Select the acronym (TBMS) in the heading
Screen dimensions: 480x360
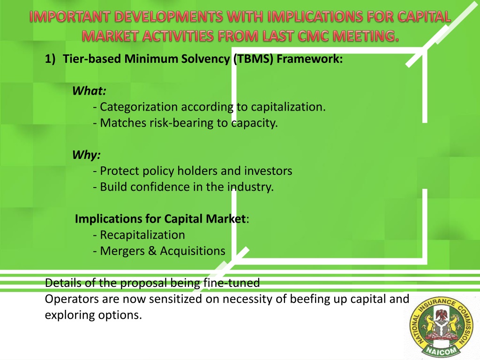(x=253, y=59)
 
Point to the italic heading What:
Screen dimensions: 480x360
(x=90, y=91)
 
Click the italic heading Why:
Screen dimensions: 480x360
(x=87, y=155)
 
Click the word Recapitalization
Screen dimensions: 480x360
(x=142, y=235)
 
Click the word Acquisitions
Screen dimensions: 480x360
(x=193, y=251)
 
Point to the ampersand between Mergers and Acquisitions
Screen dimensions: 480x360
(x=152, y=251)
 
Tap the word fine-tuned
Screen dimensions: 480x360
(x=232, y=283)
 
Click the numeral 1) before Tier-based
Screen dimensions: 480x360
(x=50, y=59)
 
